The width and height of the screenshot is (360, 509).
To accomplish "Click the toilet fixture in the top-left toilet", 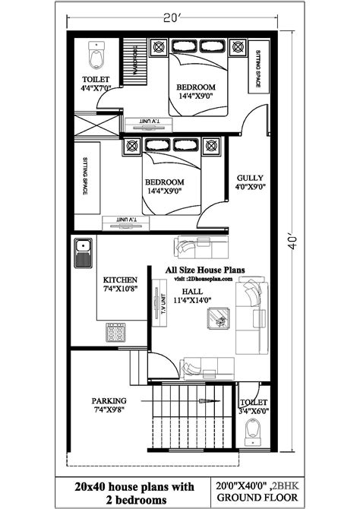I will [96, 55].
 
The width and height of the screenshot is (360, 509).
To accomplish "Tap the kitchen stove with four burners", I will [117, 332].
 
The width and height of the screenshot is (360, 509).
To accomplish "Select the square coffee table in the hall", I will [219, 319].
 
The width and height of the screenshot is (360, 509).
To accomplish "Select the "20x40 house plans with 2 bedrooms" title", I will [133, 492].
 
